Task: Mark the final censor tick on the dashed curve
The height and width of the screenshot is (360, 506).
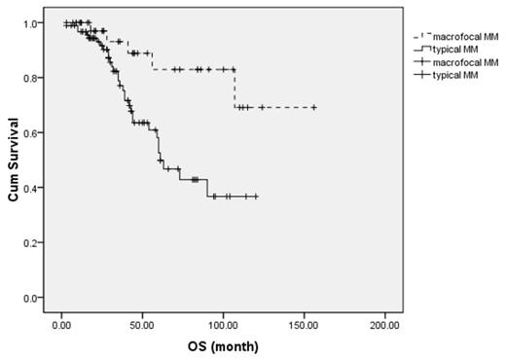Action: pos(314,107)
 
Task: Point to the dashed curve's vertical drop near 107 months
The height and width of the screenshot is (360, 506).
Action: pos(235,89)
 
